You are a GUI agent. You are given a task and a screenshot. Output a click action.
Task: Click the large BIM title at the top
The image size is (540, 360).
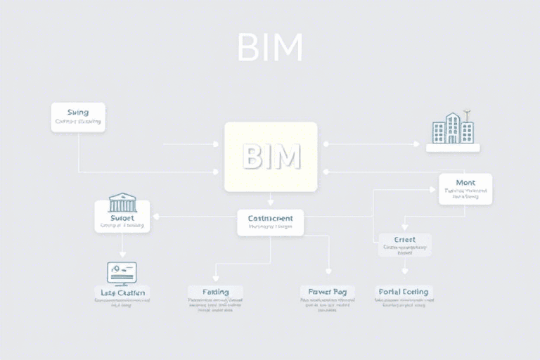click(270, 47)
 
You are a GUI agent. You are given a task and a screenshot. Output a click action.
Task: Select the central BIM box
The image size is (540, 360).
click(271, 157)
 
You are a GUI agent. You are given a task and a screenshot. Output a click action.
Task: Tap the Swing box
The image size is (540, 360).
click(78, 117)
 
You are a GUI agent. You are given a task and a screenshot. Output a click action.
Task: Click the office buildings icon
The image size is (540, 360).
click(453, 128)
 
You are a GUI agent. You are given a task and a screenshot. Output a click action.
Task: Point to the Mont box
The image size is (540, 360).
click(465, 188)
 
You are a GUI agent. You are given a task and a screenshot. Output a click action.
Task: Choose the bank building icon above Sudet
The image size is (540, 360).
click(122, 202)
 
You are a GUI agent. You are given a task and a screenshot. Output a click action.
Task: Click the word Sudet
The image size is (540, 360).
click(122, 219)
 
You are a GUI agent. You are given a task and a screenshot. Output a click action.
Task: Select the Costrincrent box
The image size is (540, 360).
click(270, 222)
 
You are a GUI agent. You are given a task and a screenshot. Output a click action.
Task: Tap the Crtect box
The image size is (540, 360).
click(404, 244)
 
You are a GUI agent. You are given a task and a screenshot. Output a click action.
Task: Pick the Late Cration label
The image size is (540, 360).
click(122, 292)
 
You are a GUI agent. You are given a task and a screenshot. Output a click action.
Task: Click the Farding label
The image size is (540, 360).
click(214, 291)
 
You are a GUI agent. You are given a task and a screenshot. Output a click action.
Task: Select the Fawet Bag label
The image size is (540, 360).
click(327, 291)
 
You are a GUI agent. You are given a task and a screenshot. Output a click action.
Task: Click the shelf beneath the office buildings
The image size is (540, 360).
click(453, 148)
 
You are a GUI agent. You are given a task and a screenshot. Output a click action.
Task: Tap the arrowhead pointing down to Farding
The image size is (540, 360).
click(215, 278)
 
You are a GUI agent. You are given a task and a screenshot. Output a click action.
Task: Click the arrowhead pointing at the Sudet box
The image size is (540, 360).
click(155, 217)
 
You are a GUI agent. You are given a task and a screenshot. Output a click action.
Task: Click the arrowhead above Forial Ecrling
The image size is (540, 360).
click(404, 271)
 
